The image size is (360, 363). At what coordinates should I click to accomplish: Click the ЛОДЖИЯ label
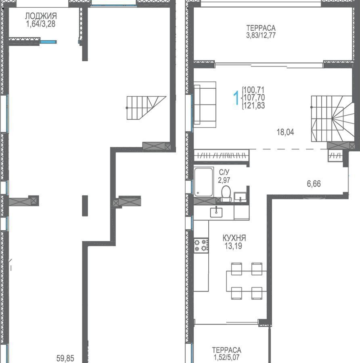(41, 16)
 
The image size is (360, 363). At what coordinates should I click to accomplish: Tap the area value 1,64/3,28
(41, 24)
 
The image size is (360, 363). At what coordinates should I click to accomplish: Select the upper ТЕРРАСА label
(261, 28)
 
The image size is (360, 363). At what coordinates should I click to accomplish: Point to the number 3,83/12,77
(261, 35)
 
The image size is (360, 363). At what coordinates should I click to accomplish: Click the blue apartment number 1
(236, 98)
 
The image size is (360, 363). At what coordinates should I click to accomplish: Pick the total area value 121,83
(254, 105)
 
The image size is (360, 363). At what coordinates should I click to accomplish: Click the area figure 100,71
(254, 90)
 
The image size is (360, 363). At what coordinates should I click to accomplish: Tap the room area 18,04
(285, 132)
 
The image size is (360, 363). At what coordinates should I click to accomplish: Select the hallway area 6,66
(314, 184)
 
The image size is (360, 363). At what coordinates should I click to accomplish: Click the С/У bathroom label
(224, 172)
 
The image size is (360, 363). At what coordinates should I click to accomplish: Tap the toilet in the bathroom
(226, 194)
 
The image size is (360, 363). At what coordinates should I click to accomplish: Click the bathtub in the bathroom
(204, 182)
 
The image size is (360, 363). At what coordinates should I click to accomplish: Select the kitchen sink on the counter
(216, 212)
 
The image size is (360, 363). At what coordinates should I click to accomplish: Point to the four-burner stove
(201, 246)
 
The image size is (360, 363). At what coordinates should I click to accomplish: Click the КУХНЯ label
(234, 238)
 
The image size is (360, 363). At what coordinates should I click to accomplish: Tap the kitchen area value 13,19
(233, 246)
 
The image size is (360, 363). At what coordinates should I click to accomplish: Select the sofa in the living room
(205, 104)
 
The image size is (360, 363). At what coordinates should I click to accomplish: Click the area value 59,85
(65, 359)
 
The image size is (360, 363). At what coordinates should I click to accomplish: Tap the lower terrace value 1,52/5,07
(226, 357)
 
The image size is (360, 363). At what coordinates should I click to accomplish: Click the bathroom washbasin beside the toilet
(240, 197)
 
